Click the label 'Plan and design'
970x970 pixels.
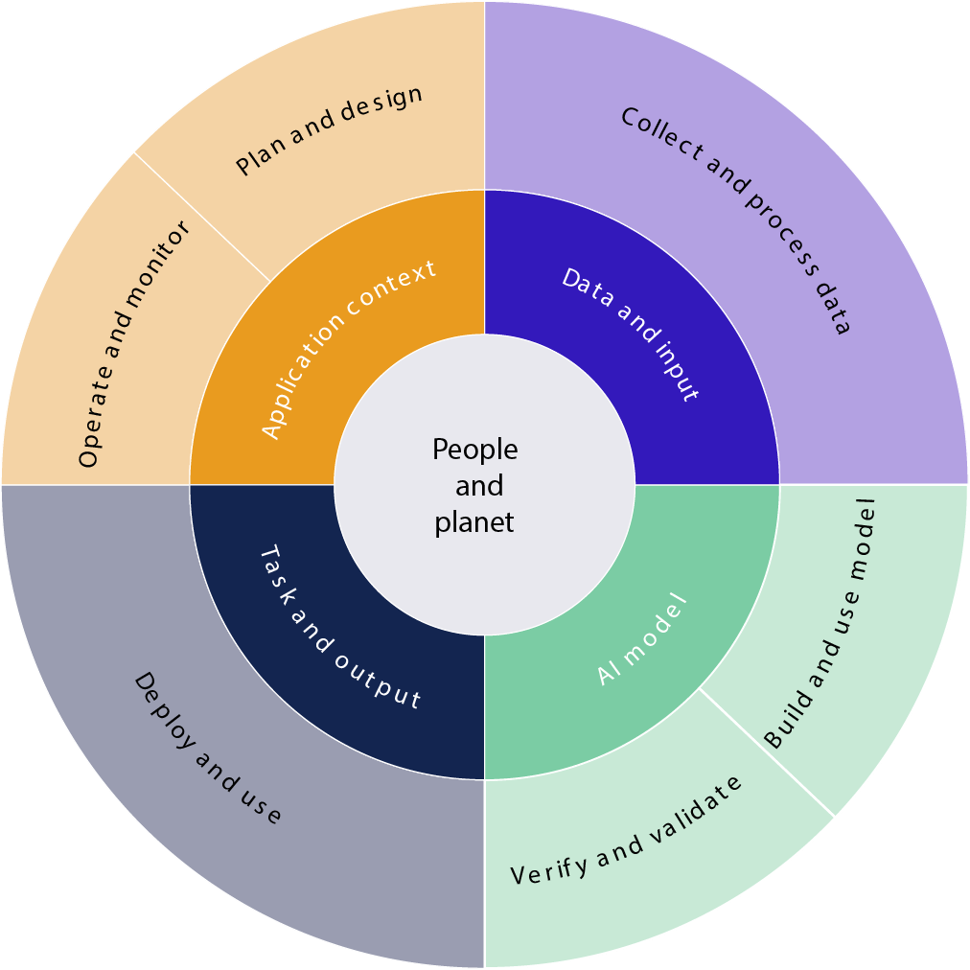(x=329, y=130)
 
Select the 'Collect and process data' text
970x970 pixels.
(x=735, y=219)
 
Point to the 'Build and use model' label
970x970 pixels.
(x=821, y=622)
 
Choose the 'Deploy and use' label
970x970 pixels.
(x=208, y=748)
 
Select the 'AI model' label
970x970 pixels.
(x=641, y=639)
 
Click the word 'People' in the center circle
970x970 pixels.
(x=474, y=449)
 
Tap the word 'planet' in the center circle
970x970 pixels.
(x=474, y=522)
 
